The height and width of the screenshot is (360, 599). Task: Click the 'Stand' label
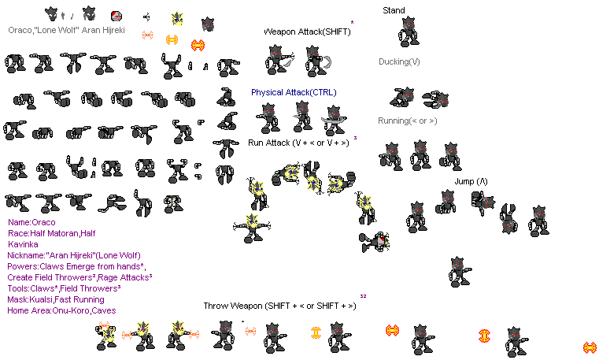[394, 10]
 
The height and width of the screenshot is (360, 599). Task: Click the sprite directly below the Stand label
[409, 32]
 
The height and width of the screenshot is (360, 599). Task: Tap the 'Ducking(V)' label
[399, 61]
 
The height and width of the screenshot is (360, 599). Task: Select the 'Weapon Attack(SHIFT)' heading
[307, 32]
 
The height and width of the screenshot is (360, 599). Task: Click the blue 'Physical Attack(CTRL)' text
[294, 92]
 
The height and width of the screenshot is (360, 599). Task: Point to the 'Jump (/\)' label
[471, 181]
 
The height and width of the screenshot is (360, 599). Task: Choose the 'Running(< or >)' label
[407, 121]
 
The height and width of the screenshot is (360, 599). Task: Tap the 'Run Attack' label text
[269, 143]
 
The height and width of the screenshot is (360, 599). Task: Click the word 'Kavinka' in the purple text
[23, 244]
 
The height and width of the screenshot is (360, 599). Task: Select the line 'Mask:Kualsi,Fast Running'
[56, 299]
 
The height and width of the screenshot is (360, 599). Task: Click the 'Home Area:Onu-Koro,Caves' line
[61, 310]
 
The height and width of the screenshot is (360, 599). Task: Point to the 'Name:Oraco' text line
[31, 222]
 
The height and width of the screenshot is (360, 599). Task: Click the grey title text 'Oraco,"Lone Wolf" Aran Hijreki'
[66, 30]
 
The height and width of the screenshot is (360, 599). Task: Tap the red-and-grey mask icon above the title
[116, 16]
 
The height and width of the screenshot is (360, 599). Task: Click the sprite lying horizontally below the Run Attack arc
[375, 242]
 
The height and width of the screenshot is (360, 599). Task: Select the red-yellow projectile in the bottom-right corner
[590, 347]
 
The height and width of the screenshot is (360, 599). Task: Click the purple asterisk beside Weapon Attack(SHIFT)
[352, 23]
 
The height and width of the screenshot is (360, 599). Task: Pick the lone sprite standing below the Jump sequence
[460, 272]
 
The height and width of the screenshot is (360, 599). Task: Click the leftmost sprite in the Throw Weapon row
[105, 336]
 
